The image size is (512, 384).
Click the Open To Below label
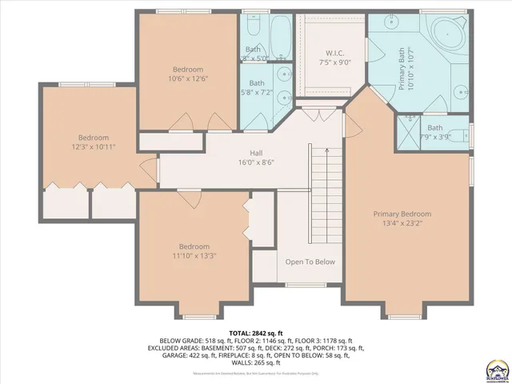(310, 262)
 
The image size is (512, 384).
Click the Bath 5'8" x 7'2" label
(257, 87)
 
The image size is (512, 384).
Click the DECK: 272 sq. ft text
(293, 348)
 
